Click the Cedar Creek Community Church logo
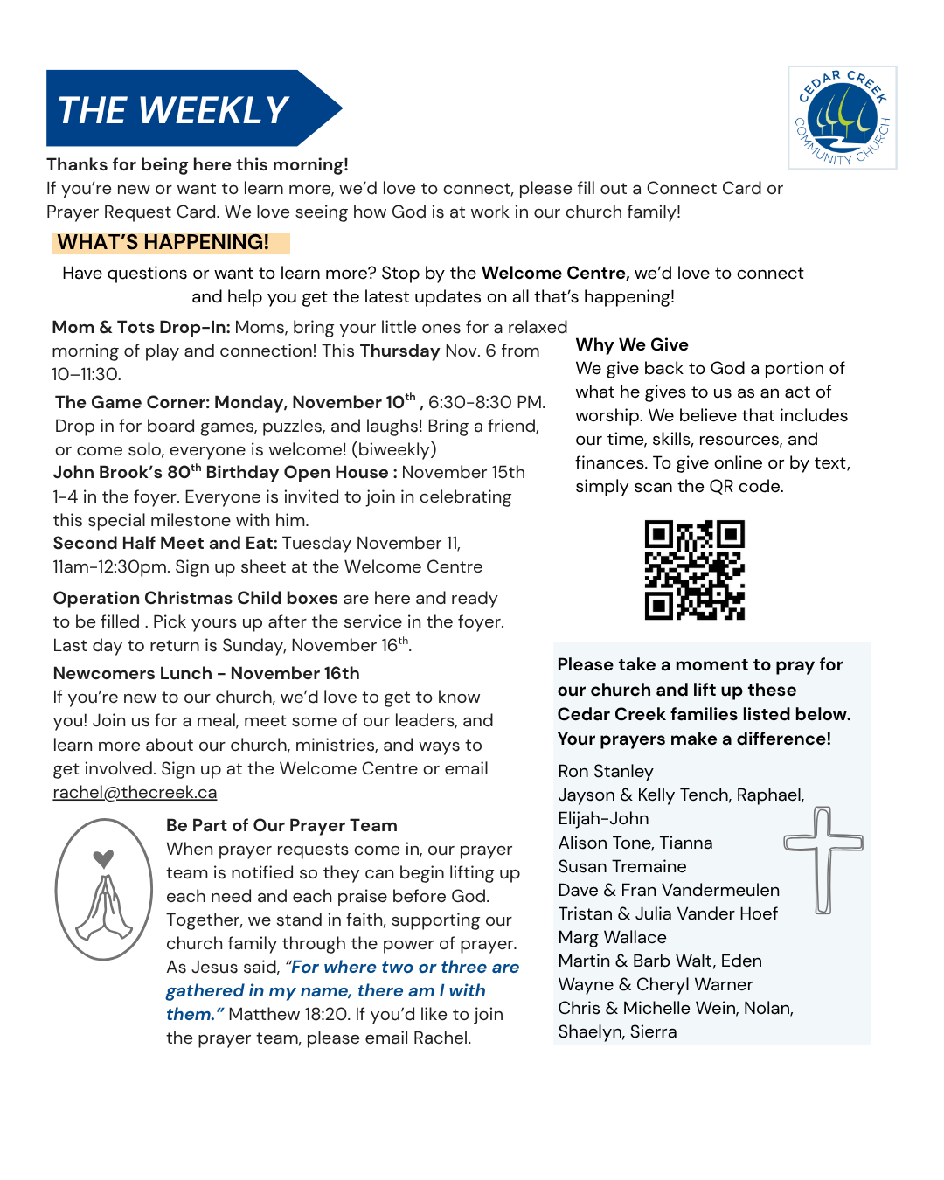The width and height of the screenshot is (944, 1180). point(842,118)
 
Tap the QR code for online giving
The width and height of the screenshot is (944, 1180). point(694,570)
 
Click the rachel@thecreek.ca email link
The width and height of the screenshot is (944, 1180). point(135,793)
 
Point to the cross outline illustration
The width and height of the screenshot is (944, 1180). point(823,857)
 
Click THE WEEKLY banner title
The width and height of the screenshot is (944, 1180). point(173,110)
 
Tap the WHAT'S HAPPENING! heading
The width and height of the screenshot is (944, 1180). point(163,242)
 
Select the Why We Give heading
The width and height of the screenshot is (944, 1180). point(632,344)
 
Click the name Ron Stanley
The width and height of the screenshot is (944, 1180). point(606,771)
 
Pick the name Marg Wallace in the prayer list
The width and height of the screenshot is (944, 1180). point(612,937)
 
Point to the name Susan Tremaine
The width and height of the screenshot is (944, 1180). point(622,866)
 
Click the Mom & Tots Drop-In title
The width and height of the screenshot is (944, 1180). point(141,327)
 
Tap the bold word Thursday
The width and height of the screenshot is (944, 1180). point(399,351)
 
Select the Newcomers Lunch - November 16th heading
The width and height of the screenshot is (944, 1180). point(206,673)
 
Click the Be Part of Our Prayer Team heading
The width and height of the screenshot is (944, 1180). point(281,825)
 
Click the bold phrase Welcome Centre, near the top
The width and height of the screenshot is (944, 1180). point(555,273)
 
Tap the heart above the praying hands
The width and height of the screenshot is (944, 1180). point(103,858)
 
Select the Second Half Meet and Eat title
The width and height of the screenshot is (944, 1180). point(165,543)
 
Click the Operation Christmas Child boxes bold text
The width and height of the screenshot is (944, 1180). point(195,598)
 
